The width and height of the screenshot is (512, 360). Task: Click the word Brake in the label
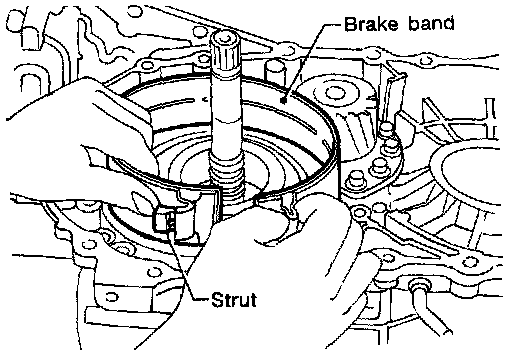point(371,24)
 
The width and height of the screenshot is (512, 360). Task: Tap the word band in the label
point(431,24)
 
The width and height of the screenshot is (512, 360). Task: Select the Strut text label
point(234,299)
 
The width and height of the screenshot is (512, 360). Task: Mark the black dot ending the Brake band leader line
point(284,100)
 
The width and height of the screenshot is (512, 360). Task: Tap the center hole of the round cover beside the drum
point(334,93)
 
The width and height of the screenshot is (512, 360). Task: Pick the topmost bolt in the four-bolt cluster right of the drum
point(386,129)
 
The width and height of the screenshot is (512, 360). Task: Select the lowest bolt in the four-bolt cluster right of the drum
point(357,181)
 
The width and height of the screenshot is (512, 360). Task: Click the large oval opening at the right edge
point(468,174)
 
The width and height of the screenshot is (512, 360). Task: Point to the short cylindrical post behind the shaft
point(275,72)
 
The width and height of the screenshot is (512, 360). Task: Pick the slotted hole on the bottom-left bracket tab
point(111,296)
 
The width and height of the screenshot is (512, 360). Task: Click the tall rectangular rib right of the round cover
point(394,100)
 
